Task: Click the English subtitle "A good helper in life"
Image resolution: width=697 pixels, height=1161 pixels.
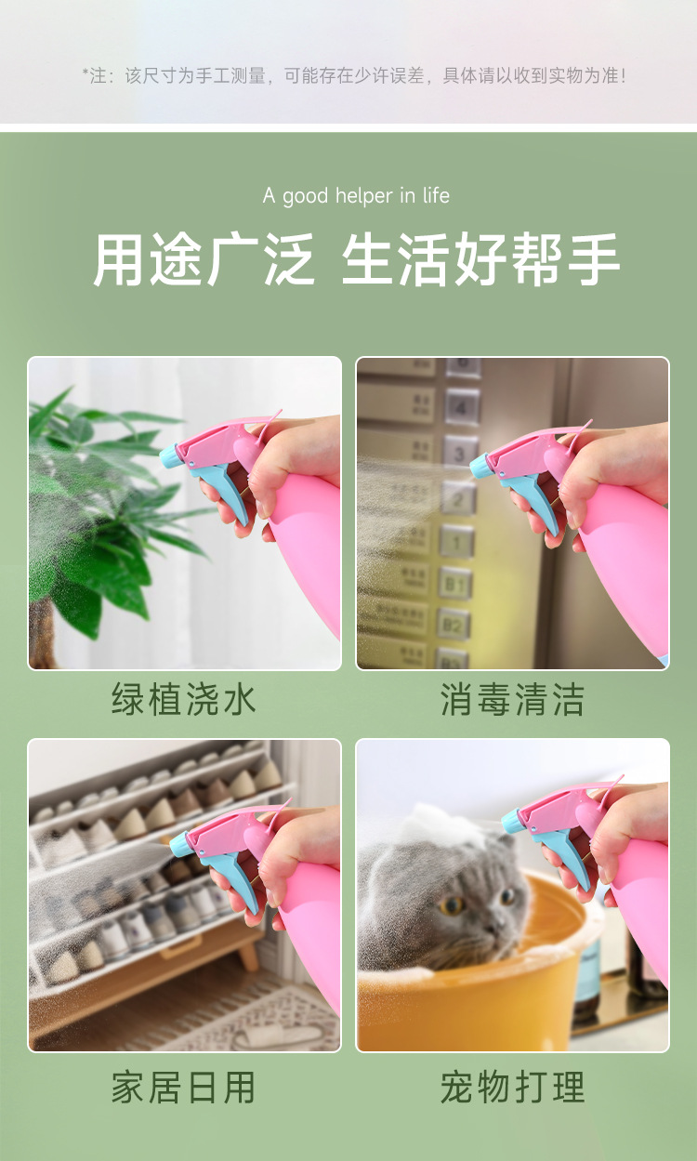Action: (x=356, y=195)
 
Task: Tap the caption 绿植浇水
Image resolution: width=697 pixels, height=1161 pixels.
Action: (x=184, y=699)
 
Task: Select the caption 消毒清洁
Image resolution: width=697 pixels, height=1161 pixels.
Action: (x=512, y=699)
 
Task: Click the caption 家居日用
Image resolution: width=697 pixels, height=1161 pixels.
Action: (x=184, y=1087)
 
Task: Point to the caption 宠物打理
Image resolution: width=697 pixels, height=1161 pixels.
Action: (x=512, y=1087)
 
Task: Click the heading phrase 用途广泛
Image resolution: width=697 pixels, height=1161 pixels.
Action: (x=204, y=259)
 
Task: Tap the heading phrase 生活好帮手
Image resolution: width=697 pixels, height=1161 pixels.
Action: (x=480, y=259)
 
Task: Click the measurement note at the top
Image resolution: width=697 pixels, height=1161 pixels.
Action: (x=354, y=76)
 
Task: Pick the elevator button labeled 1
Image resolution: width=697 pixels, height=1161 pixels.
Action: (x=456, y=540)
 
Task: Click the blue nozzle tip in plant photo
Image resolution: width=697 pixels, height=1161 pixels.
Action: (x=169, y=456)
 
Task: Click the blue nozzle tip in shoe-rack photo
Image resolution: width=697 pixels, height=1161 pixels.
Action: (x=178, y=845)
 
